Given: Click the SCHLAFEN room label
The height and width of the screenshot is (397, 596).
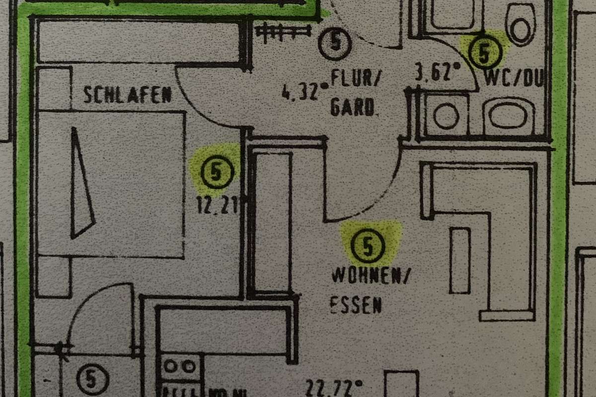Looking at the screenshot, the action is pos(128,94).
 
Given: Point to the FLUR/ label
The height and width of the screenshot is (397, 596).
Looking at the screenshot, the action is pos(353,78).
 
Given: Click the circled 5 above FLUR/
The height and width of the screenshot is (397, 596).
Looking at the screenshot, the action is pos(335,44).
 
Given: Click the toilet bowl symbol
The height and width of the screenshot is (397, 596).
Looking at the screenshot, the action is pos(520,23).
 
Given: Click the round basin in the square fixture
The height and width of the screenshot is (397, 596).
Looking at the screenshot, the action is pos(446,115).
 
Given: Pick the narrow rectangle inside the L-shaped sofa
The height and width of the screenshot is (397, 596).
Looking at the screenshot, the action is pos(460,260).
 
